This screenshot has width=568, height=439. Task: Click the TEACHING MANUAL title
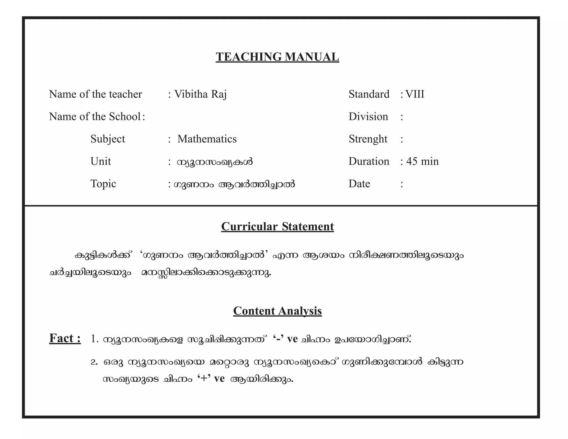pos(277,57)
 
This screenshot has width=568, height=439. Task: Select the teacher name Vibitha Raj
pos(200,94)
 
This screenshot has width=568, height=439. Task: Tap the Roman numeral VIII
pos(415,94)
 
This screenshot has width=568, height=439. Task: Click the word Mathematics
pos(207,139)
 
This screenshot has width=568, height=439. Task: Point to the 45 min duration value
pos(422,162)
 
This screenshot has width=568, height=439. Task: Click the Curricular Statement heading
pos(277,226)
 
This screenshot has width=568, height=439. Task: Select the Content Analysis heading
pos(277,311)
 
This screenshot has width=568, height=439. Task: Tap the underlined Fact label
pos(65,338)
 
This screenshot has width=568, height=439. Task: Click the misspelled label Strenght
pos(368,139)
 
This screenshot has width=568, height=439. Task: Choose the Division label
pos(368,117)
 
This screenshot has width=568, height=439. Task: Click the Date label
pos(359,184)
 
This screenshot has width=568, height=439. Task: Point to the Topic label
pos(103,184)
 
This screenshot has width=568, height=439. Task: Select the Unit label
pos(100,162)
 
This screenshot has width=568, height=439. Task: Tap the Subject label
pos(108,139)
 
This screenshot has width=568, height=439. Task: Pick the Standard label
pos(369,94)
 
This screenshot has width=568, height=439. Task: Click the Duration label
pos(369,162)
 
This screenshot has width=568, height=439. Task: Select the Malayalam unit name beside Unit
pos(215,162)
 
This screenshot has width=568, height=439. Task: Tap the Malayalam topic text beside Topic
pos(234,184)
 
